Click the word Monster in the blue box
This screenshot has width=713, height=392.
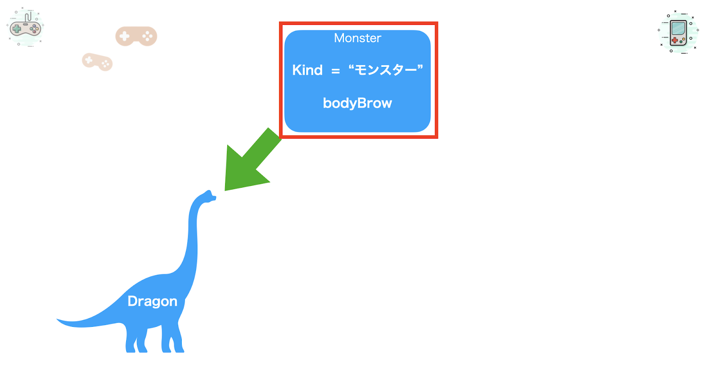click(x=357, y=38)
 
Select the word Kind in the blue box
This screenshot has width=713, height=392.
click(x=307, y=70)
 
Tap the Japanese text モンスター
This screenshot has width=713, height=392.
click(x=386, y=70)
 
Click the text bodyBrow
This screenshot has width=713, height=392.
click(x=357, y=103)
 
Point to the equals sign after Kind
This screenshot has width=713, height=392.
click(x=336, y=71)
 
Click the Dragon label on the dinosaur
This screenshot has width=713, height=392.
click(x=152, y=301)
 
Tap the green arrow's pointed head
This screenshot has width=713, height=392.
click(x=225, y=190)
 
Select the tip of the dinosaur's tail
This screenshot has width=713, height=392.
click(x=57, y=319)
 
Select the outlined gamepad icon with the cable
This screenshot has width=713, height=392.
click(x=25, y=27)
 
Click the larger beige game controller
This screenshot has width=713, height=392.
click(x=136, y=36)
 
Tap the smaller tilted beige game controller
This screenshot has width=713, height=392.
click(x=98, y=62)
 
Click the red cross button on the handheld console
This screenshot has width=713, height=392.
click(x=675, y=41)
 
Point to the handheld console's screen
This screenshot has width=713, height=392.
click(x=678, y=28)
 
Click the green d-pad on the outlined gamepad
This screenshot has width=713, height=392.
click(x=16, y=29)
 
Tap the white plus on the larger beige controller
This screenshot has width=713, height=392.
click(x=124, y=36)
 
